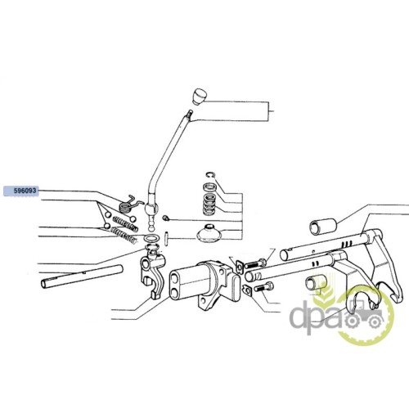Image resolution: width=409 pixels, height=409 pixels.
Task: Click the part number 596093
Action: tap(25, 191)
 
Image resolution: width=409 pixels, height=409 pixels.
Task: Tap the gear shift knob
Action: tap(200, 97)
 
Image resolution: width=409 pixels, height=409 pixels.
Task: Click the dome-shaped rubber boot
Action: tap(209, 233)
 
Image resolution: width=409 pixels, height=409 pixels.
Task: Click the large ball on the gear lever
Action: tap(151, 209)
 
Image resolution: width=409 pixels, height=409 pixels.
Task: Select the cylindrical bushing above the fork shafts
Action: tap(324, 226)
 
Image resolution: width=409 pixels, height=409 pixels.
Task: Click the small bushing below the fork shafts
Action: tap(315, 283)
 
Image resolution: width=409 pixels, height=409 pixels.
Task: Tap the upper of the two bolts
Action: tap(255, 263)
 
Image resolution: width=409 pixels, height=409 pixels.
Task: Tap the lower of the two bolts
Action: tap(263, 287)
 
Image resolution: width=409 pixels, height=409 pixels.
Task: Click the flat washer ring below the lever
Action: tap(151, 238)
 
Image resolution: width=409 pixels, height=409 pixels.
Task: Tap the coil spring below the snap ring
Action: tap(210, 204)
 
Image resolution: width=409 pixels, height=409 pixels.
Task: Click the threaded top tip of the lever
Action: tap(191, 112)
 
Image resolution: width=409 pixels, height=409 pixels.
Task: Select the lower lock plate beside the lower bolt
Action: tap(247, 290)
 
